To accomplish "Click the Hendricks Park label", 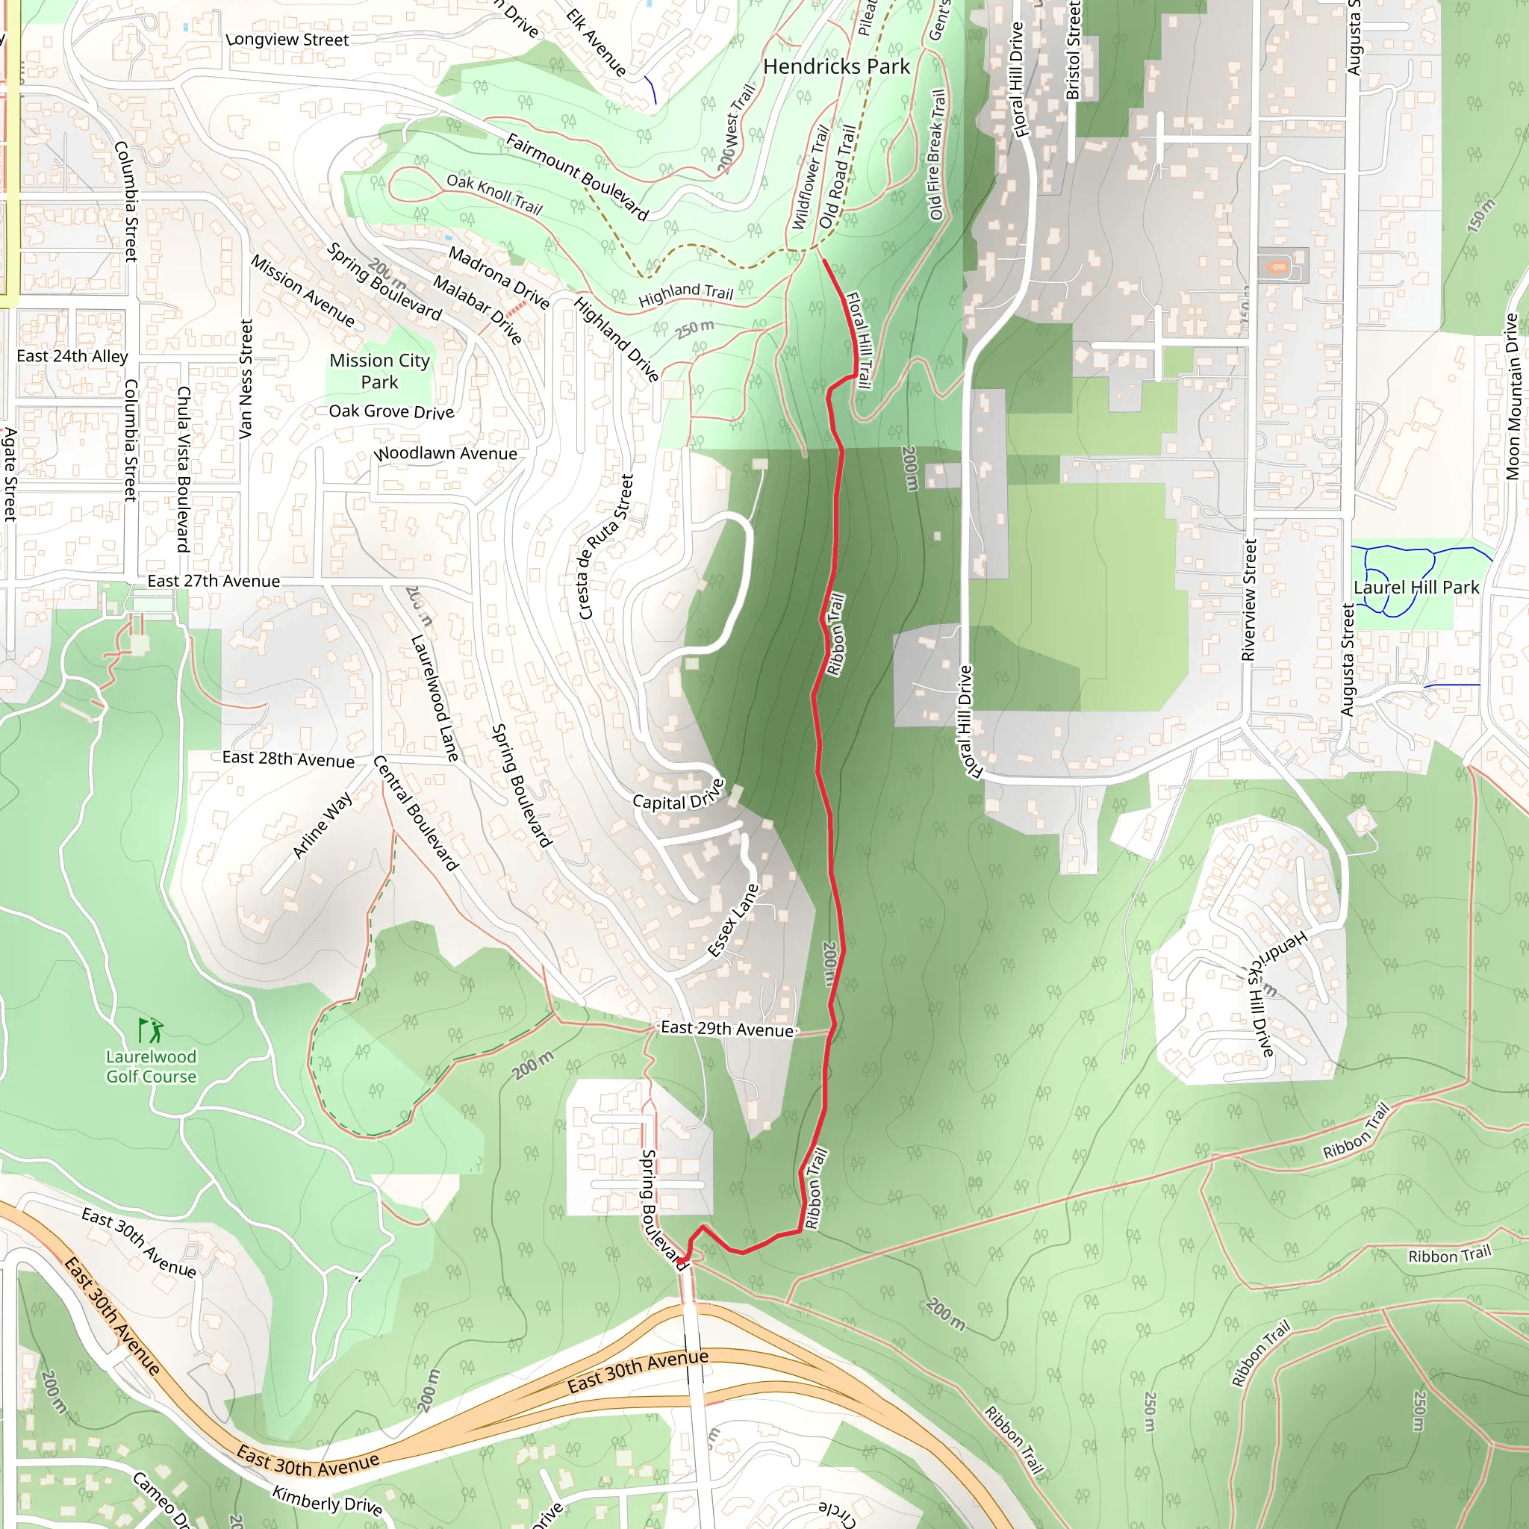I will tap(835, 66).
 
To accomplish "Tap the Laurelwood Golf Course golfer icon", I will tap(151, 1030).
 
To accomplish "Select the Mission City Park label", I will tap(380, 371).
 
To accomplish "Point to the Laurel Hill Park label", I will tap(1416, 588).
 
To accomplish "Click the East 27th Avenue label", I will tap(214, 581).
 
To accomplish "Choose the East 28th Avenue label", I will tap(288, 759).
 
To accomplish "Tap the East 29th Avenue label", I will tap(726, 1029).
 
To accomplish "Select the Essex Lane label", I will tap(733, 921).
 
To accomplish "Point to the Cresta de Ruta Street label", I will tap(605, 546).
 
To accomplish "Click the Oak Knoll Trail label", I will tap(495, 194).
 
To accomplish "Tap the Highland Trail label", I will tap(685, 295).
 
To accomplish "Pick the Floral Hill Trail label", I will tap(859, 340).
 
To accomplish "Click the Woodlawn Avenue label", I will tap(446, 453).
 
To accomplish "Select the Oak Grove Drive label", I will tap(391, 411).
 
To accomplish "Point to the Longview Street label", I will tap(287, 40).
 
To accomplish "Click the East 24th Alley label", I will tap(72, 356).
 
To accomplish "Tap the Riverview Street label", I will tap(1249, 600).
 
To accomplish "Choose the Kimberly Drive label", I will tap(327, 1500).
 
